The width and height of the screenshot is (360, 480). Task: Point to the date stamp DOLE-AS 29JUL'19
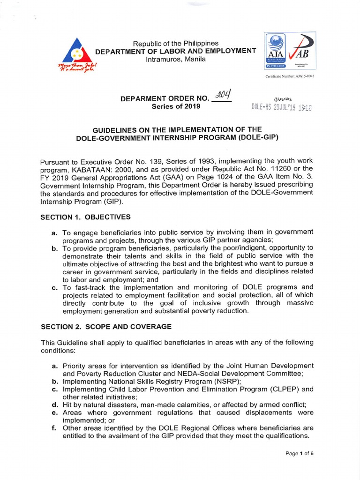[x=281, y=107]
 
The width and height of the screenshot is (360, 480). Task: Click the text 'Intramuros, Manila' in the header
[x=175, y=60]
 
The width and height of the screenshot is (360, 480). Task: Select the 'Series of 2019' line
[x=176, y=106]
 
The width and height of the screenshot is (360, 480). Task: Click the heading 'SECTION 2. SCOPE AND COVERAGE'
[x=106, y=326]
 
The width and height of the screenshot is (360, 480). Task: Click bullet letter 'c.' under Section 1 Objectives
[x=54, y=287]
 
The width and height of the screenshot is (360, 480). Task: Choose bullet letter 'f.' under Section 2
[x=54, y=428]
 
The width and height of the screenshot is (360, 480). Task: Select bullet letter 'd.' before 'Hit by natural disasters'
[x=54, y=405]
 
